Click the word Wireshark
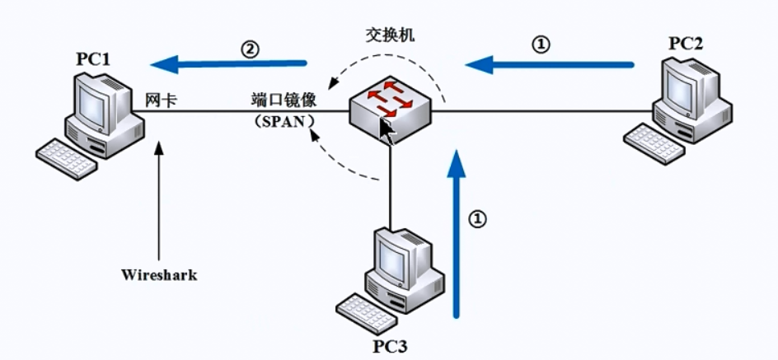159,275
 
